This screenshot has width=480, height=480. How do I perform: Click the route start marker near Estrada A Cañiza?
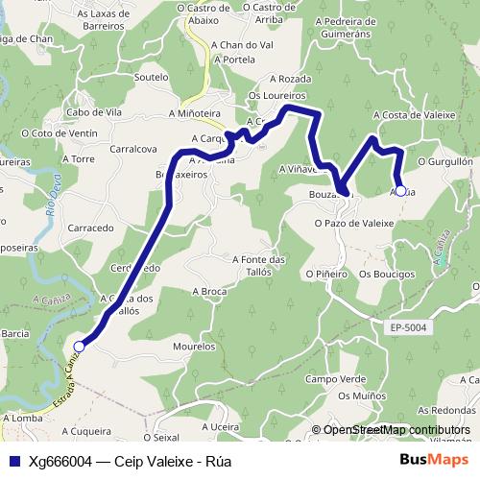pyautogui.click(x=80, y=348)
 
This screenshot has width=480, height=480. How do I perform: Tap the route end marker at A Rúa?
pyautogui.click(x=400, y=190)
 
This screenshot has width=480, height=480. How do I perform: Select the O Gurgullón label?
pyautogui.click(x=445, y=164)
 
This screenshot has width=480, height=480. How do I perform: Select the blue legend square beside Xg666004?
pyautogui.click(x=14, y=461)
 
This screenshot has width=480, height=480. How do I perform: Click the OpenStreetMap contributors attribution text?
pyautogui.click(x=397, y=430)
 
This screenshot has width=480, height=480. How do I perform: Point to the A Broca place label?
pyautogui.click(x=208, y=291)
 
